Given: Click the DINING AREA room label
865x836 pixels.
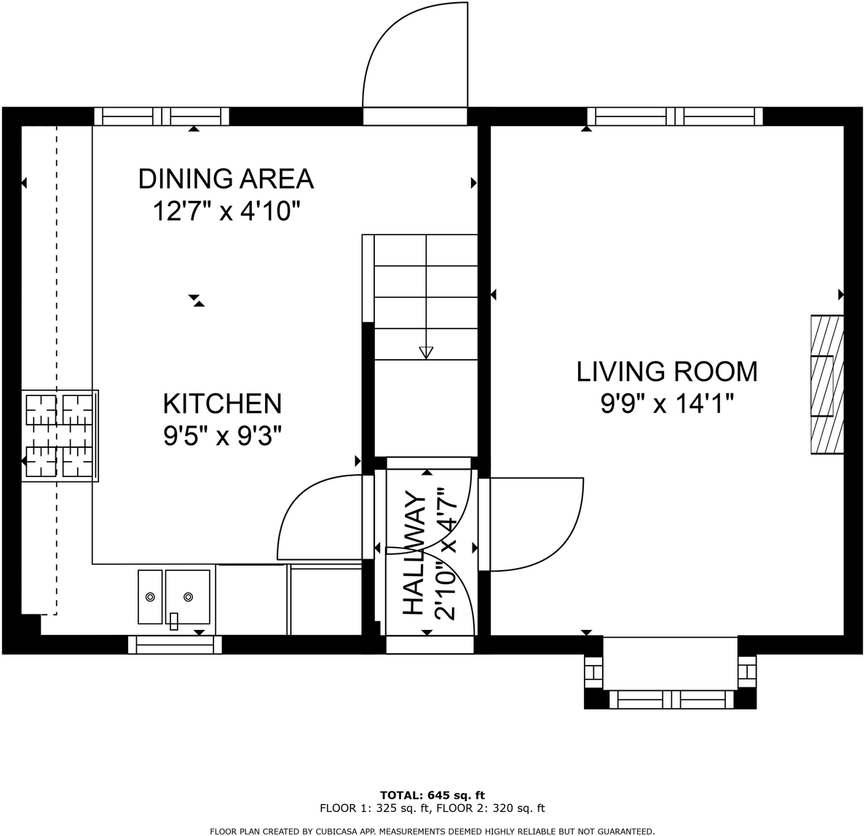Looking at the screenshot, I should click(226, 178).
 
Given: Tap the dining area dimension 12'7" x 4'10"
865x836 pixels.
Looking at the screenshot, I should click(226, 212).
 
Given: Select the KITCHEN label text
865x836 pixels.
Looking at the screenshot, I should click(222, 403).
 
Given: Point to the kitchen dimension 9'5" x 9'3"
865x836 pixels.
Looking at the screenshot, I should click(222, 436).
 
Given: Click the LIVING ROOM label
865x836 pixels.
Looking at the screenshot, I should click(667, 371).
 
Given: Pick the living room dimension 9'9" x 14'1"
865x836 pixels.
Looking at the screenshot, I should click(667, 403).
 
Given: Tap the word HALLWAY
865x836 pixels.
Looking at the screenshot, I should click(413, 553).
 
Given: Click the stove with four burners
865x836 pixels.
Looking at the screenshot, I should click(60, 435).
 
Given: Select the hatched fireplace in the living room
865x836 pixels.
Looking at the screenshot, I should click(827, 385).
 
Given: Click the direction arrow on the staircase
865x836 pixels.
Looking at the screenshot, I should click(426, 352).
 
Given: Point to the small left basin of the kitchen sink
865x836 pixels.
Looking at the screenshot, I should click(150, 596).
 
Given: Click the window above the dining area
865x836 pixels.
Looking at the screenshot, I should click(162, 117).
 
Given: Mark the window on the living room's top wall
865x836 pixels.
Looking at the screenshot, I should click(675, 117).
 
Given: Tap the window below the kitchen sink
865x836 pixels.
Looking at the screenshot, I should click(175, 644).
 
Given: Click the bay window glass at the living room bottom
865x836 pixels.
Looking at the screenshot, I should click(670, 700).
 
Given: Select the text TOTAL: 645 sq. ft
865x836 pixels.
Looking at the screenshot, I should click(432, 794).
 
